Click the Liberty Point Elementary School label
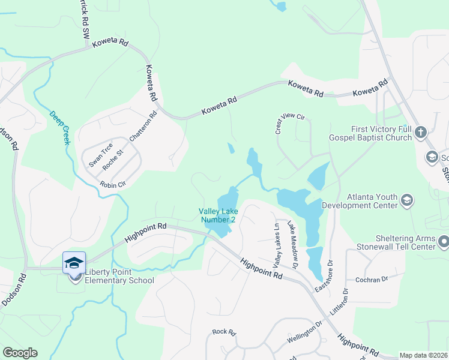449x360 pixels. point(119,276)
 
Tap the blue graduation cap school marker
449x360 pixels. point(74,262)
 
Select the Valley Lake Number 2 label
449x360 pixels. point(218,215)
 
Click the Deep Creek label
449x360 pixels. point(59,128)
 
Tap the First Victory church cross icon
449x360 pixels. point(421,133)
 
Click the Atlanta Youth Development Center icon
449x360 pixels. point(406,200)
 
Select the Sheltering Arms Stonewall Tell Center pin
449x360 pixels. point(444,242)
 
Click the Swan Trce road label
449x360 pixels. point(100,154)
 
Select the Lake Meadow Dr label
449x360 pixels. point(293,244)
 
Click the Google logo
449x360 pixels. point(20,353)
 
